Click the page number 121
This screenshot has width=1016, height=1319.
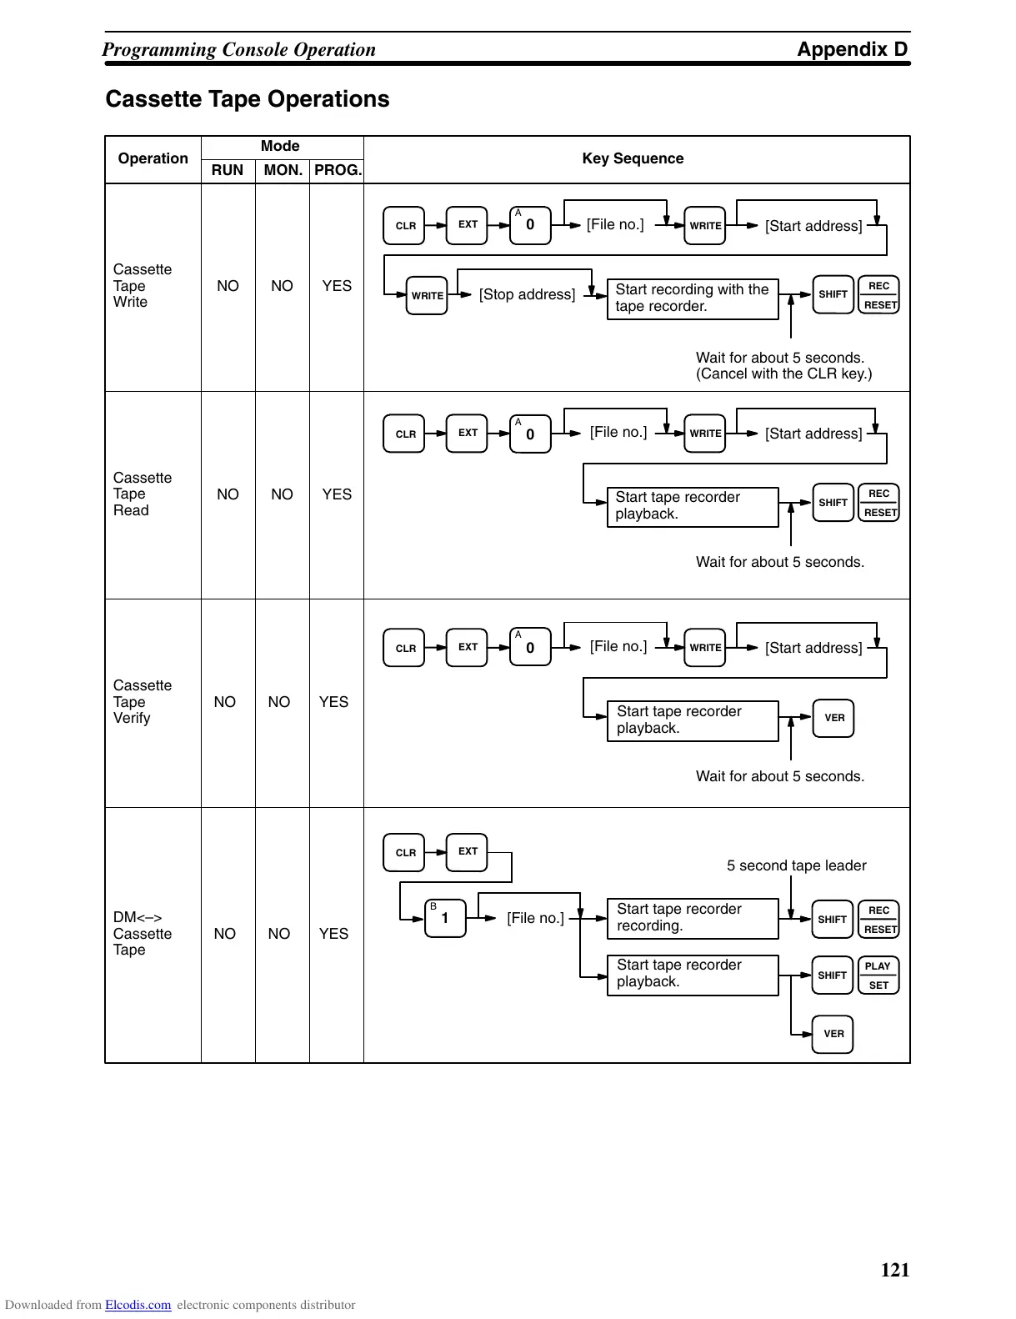point(894,1270)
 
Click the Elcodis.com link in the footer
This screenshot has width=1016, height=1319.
point(138,1305)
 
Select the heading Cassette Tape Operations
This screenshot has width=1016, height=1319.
point(248,99)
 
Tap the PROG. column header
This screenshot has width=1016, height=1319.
point(338,170)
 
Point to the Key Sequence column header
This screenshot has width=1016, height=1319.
point(633,158)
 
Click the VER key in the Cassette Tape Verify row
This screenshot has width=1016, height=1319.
point(833,718)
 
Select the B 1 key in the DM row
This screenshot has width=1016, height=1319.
point(445,918)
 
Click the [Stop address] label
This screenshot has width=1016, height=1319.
point(527,294)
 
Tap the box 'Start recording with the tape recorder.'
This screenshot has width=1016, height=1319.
point(692,298)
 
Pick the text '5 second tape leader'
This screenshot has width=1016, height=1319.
point(796,865)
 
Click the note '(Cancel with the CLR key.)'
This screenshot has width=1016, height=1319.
point(783,374)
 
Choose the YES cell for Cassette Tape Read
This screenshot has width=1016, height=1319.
point(337,494)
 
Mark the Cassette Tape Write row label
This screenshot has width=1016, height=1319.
point(143,286)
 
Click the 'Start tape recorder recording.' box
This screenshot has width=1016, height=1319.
point(692,918)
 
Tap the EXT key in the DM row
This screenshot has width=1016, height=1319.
point(467,852)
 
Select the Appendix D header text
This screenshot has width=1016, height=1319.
point(852,49)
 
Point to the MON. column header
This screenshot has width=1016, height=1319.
point(283,170)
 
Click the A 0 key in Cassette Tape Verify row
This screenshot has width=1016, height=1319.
point(530,647)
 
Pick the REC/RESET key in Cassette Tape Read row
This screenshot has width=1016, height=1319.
point(878,503)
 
